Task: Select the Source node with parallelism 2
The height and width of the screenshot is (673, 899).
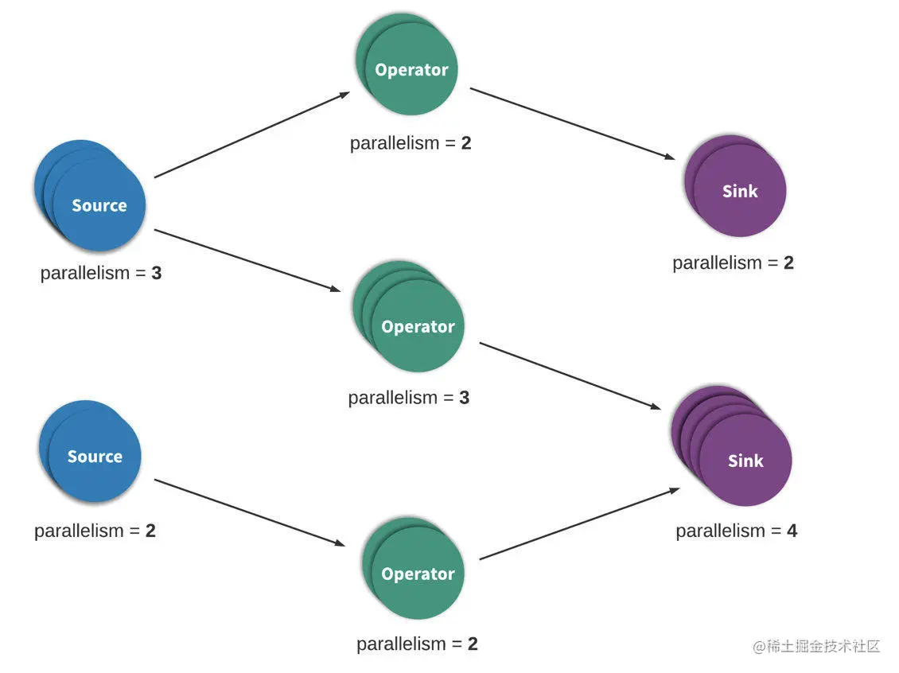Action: pyautogui.click(x=91, y=452)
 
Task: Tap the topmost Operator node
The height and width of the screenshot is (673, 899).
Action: pyautogui.click(x=407, y=64)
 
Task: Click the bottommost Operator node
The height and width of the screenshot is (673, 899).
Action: pyautogui.click(x=414, y=568)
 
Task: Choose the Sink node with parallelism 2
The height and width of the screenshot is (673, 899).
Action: pyautogui.click(x=736, y=185)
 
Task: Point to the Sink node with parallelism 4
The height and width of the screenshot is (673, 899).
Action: pyautogui.click(x=732, y=446)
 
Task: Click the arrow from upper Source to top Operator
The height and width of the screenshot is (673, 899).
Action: pyautogui.click(x=251, y=134)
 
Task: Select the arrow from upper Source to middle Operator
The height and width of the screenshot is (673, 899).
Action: pyautogui.click(x=247, y=260)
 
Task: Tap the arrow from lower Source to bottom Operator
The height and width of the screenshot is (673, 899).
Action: pyautogui.click(x=250, y=512)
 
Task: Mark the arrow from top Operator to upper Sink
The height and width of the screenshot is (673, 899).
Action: pyautogui.click(x=572, y=123)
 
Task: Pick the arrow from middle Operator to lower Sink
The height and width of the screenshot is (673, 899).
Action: pyautogui.click(x=570, y=376)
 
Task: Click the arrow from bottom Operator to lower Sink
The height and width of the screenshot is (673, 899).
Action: pyautogui.click(x=580, y=523)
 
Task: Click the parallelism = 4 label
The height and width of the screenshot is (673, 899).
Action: pyautogui.click(x=736, y=531)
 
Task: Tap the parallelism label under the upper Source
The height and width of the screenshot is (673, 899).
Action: pyautogui.click(x=101, y=273)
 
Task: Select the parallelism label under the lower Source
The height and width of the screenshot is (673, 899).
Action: pyautogui.click(x=95, y=531)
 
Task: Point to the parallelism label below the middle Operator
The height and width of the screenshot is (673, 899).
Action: pyautogui.click(x=409, y=398)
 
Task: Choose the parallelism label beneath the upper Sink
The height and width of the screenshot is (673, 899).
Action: pyautogui.click(x=734, y=263)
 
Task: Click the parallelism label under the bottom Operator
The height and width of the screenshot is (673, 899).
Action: pyautogui.click(x=418, y=644)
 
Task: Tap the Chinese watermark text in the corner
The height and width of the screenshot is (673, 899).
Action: pyautogui.click(x=816, y=647)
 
